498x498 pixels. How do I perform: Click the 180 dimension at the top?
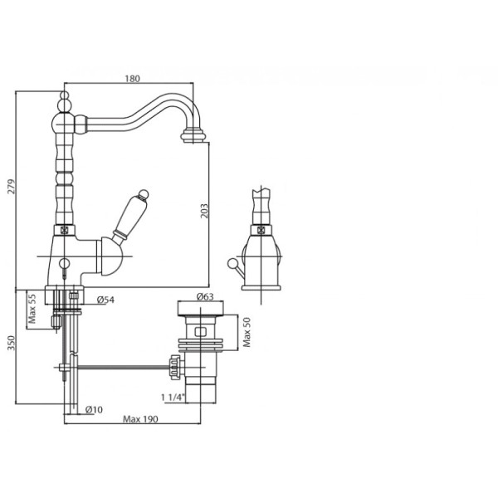132,79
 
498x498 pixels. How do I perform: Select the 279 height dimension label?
11,187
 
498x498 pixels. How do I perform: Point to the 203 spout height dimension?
204,211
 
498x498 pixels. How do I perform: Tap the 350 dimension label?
11,343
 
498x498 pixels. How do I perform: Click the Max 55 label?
32,309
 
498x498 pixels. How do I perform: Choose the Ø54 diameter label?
105,300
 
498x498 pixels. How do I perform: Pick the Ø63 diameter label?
205,296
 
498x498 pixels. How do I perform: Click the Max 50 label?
247,332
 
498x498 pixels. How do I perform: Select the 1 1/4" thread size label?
173,397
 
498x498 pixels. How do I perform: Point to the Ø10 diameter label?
94,410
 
